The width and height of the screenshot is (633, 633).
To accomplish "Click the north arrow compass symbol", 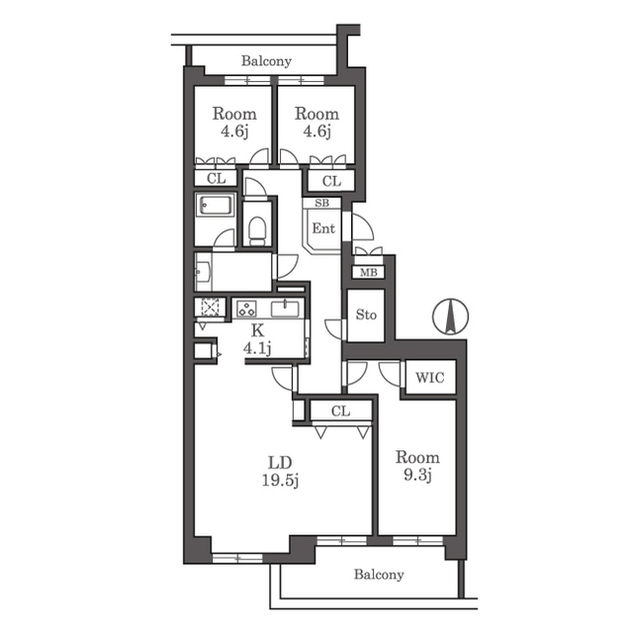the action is (x=451, y=316).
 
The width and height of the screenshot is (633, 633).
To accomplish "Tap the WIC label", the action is (x=430, y=378).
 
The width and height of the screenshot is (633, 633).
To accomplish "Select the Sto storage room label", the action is (x=366, y=315).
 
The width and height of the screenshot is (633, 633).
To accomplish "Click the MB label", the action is (x=369, y=273).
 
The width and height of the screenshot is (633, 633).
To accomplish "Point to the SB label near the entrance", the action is (x=321, y=203).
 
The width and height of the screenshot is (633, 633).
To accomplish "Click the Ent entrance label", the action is (x=323, y=228).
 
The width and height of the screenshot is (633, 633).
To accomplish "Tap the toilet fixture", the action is (x=257, y=230).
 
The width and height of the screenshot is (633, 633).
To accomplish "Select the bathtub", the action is (x=215, y=205).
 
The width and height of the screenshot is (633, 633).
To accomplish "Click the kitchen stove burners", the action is (x=246, y=309).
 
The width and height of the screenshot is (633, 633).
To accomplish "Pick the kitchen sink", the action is (x=285, y=309).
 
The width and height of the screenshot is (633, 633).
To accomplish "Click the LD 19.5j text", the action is (x=280, y=471).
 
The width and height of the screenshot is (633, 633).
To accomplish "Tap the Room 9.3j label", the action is (x=417, y=466).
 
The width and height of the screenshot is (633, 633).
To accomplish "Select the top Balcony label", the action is (x=266, y=61).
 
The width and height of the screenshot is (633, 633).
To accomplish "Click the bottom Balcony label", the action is (x=379, y=574).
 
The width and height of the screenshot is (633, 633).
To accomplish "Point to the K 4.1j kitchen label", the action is (x=257, y=340).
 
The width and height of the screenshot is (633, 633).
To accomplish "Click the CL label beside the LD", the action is (x=340, y=411).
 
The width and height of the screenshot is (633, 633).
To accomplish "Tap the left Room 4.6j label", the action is (x=234, y=123).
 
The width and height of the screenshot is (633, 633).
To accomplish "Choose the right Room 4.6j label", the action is (x=316, y=123).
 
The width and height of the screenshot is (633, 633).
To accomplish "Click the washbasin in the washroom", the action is (x=203, y=272).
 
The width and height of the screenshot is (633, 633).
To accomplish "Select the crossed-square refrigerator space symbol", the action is (x=210, y=308).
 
